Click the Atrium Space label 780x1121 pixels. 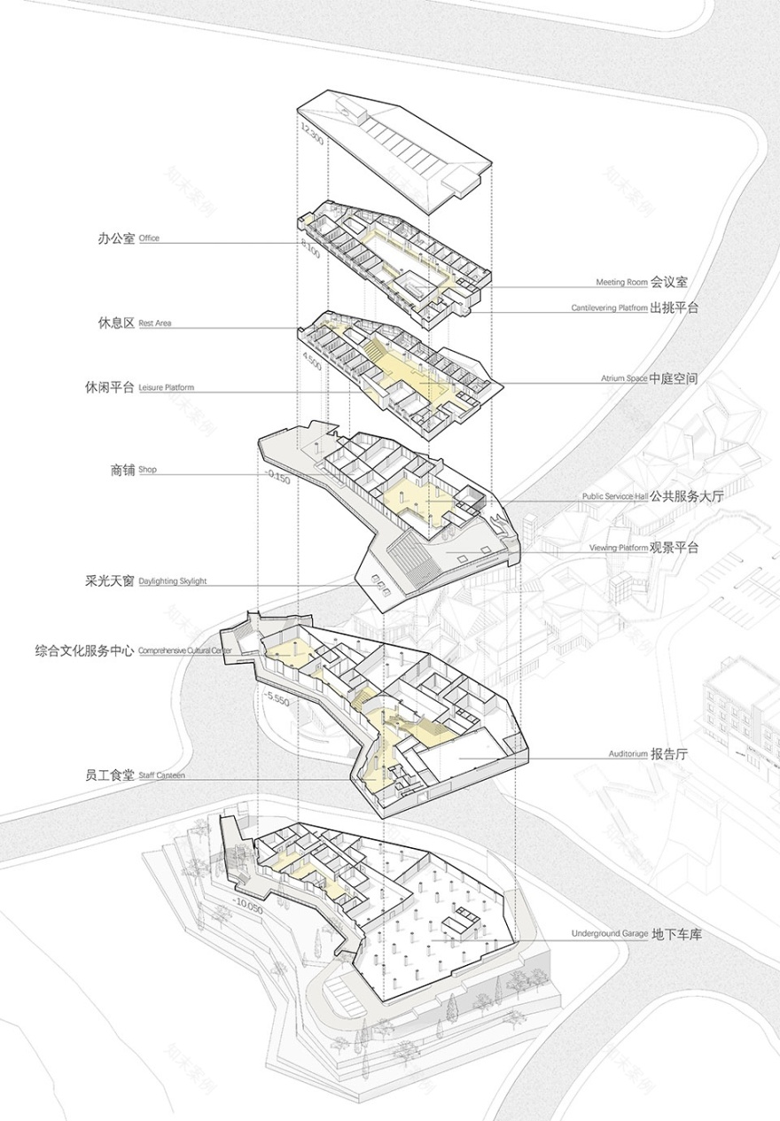[x=622, y=379]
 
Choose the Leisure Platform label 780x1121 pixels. [x=166, y=388]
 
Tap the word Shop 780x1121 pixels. [x=147, y=470]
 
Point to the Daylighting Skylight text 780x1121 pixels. [x=173, y=581]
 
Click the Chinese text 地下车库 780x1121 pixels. [x=676, y=934]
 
